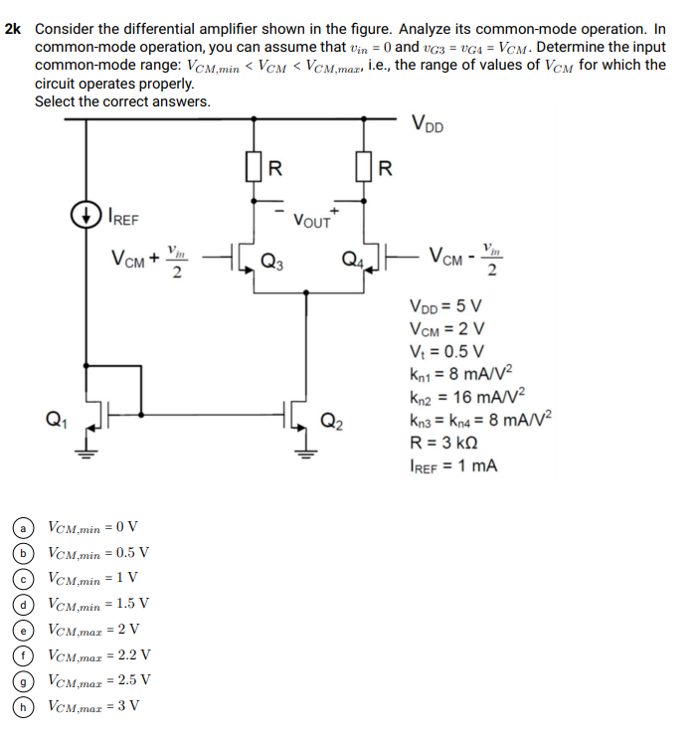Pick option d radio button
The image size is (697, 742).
point(19,604)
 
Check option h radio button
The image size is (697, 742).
point(19,706)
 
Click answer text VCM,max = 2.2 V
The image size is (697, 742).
point(99,654)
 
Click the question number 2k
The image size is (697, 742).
point(14,30)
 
